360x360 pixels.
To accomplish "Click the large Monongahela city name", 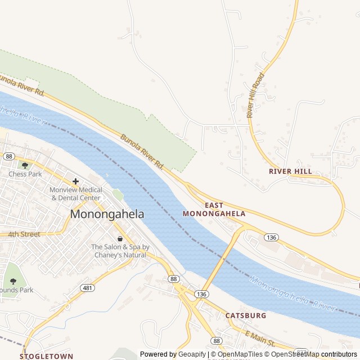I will click(107, 214).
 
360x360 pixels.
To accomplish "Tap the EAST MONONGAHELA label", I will click(214, 209).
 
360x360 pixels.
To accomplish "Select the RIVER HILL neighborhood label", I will click(290, 171).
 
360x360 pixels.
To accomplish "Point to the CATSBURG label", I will click(246, 316).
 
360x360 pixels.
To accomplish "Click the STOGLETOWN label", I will click(47, 356).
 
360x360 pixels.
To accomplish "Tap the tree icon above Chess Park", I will click(25, 165).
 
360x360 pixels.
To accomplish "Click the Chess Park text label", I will click(25, 174).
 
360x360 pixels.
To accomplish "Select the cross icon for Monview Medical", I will click(75, 181).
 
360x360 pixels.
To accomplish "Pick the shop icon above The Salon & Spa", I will click(120, 238).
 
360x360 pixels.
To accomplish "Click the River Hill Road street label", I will click(255, 95).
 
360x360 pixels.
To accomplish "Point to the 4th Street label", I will click(24, 234).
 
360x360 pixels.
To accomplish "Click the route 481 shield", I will click(87, 287).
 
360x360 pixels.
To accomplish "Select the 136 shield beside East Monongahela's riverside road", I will click(271, 237).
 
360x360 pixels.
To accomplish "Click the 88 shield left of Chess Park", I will click(8, 156).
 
